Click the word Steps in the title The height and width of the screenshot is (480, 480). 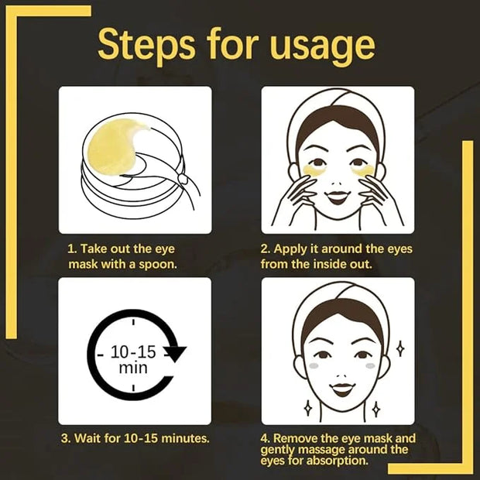(146, 45)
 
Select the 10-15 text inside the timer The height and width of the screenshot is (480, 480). (133, 352)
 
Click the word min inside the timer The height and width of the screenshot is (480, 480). (133, 368)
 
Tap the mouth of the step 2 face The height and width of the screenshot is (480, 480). (337, 197)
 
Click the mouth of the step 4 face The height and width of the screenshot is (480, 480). (343, 389)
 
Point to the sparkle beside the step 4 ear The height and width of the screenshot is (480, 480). (400, 348)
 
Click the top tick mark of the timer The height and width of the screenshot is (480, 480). (133, 321)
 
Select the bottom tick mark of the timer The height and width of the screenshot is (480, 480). (133, 388)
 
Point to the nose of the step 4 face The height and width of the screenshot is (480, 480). (343, 375)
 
